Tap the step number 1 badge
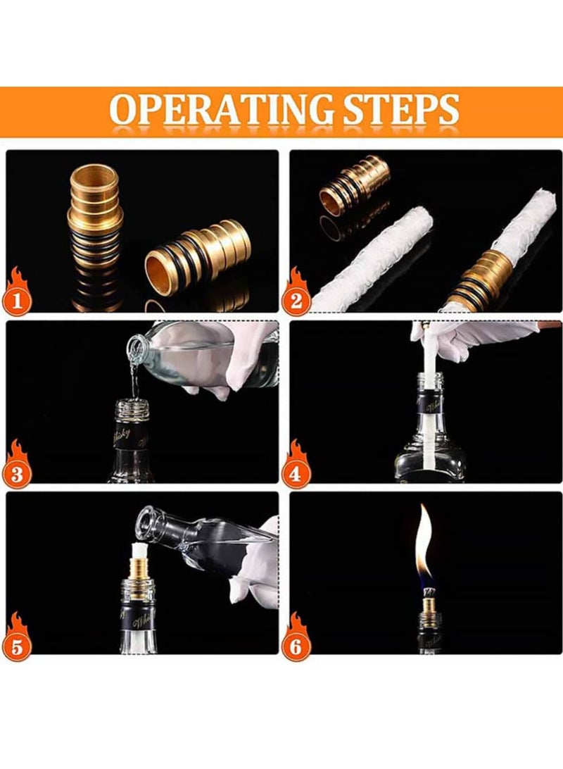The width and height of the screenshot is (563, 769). (x=18, y=301)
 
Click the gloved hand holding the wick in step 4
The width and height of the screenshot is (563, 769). (x=479, y=338)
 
